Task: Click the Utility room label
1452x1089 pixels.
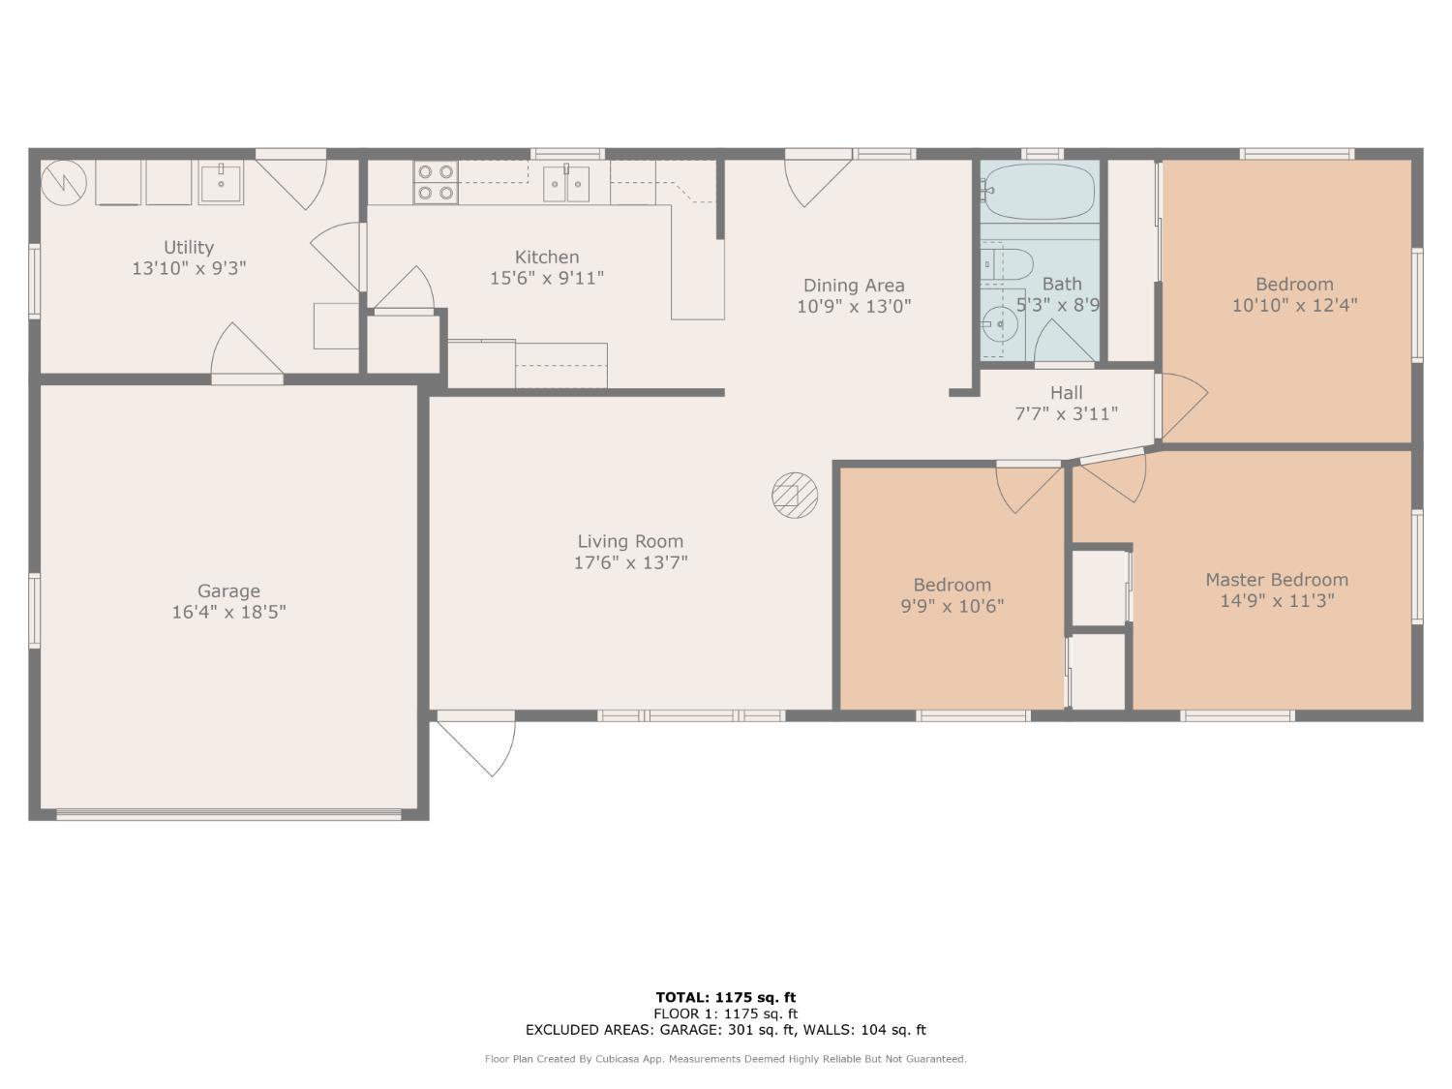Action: pyautogui.click(x=189, y=247)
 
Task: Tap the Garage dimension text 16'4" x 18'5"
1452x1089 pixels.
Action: pyautogui.click(x=228, y=613)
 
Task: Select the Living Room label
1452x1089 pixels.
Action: pyautogui.click(x=630, y=541)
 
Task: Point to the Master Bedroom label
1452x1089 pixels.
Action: pyautogui.click(x=1277, y=580)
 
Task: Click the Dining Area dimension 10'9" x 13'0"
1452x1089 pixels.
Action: pyautogui.click(x=854, y=307)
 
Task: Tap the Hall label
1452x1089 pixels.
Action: pyautogui.click(x=1067, y=393)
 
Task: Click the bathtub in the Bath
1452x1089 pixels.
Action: pyautogui.click(x=1039, y=192)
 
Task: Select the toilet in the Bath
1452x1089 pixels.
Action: pyautogui.click(x=1007, y=264)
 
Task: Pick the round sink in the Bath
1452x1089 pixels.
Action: pyautogui.click(x=1000, y=324)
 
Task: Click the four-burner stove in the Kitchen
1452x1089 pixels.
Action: pyautogui.click(x=436, y=183)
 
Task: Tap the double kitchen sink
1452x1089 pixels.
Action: pyautogui.click(x=566, y=184)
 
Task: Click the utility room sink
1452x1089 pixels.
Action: pyautogui.click(x=221, y=183)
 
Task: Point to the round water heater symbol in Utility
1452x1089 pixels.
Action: pyautogui.click(x=64, y=183)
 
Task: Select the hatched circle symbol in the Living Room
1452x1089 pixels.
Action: pyautogui.click(x=795, y=496)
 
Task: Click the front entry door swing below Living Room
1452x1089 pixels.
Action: pyautogui.click(x=476, y=742)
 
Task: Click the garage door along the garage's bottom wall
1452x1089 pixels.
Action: pyautogui.click(x=228, y=815)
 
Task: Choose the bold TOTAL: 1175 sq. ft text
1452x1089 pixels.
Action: pyautogui.click(x=726, y=998)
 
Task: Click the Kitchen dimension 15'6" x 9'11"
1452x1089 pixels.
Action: pyautogui.click(x=547, y=279)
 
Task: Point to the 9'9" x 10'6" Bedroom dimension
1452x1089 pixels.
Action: pyautogui.click(x=953, y=606)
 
